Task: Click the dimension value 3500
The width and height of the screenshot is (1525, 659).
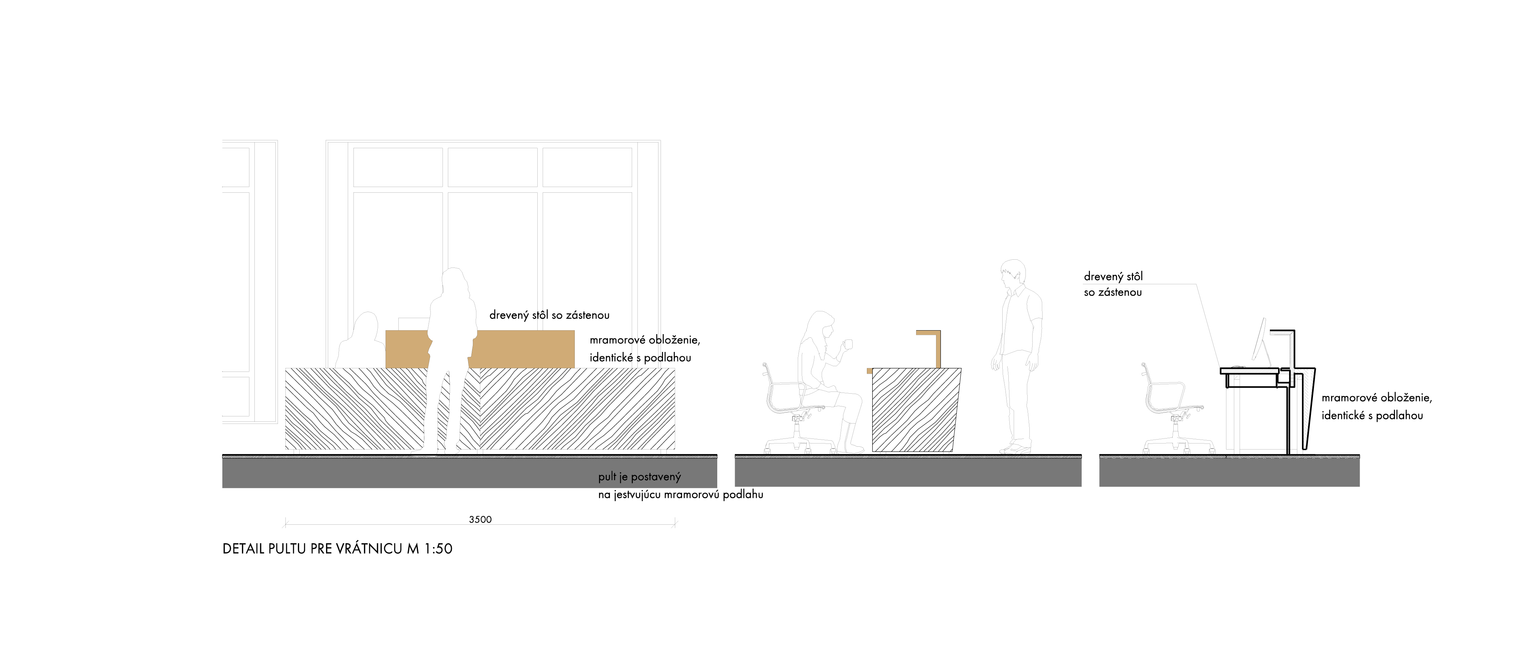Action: (480, 519)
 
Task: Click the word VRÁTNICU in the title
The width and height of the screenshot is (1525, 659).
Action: (369, 549)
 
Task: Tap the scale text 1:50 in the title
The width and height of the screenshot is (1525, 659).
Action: (438, 549)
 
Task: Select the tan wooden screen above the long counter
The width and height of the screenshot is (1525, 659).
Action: (521, 349)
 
